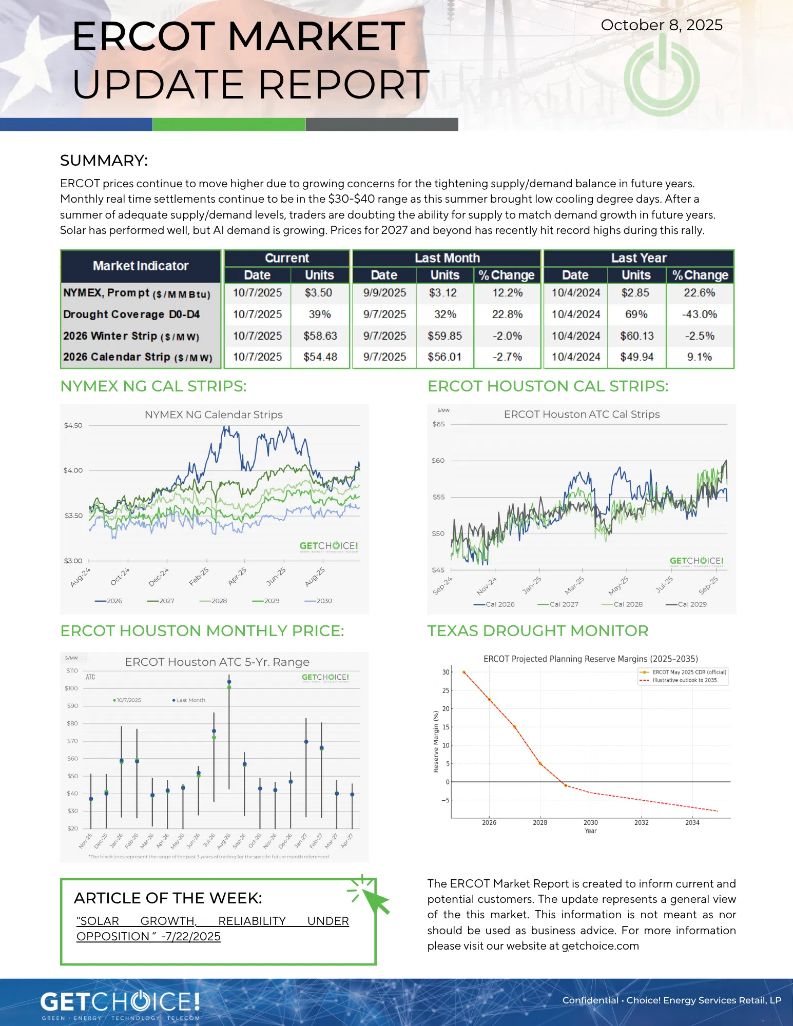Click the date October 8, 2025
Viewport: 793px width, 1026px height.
661,25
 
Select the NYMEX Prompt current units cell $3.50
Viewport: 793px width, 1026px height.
318,293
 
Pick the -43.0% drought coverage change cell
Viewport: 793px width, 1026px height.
700,314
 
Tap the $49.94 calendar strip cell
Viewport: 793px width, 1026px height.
636,357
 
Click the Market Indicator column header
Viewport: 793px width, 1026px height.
141,266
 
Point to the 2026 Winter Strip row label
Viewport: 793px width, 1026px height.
131,336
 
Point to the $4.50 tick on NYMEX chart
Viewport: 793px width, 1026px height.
73,425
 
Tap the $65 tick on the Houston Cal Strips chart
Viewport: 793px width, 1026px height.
438,424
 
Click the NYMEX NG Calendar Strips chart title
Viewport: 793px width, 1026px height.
214,415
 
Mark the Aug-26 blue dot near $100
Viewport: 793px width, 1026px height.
229,682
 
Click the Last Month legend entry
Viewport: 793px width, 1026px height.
189,700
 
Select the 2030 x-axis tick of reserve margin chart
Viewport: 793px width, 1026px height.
591,822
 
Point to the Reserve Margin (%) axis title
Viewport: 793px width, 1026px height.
436,741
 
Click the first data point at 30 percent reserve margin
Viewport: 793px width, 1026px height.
464,672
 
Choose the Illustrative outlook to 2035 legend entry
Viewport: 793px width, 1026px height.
684,680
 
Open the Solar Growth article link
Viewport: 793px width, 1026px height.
212,929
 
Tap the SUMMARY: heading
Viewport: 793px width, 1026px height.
104,161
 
